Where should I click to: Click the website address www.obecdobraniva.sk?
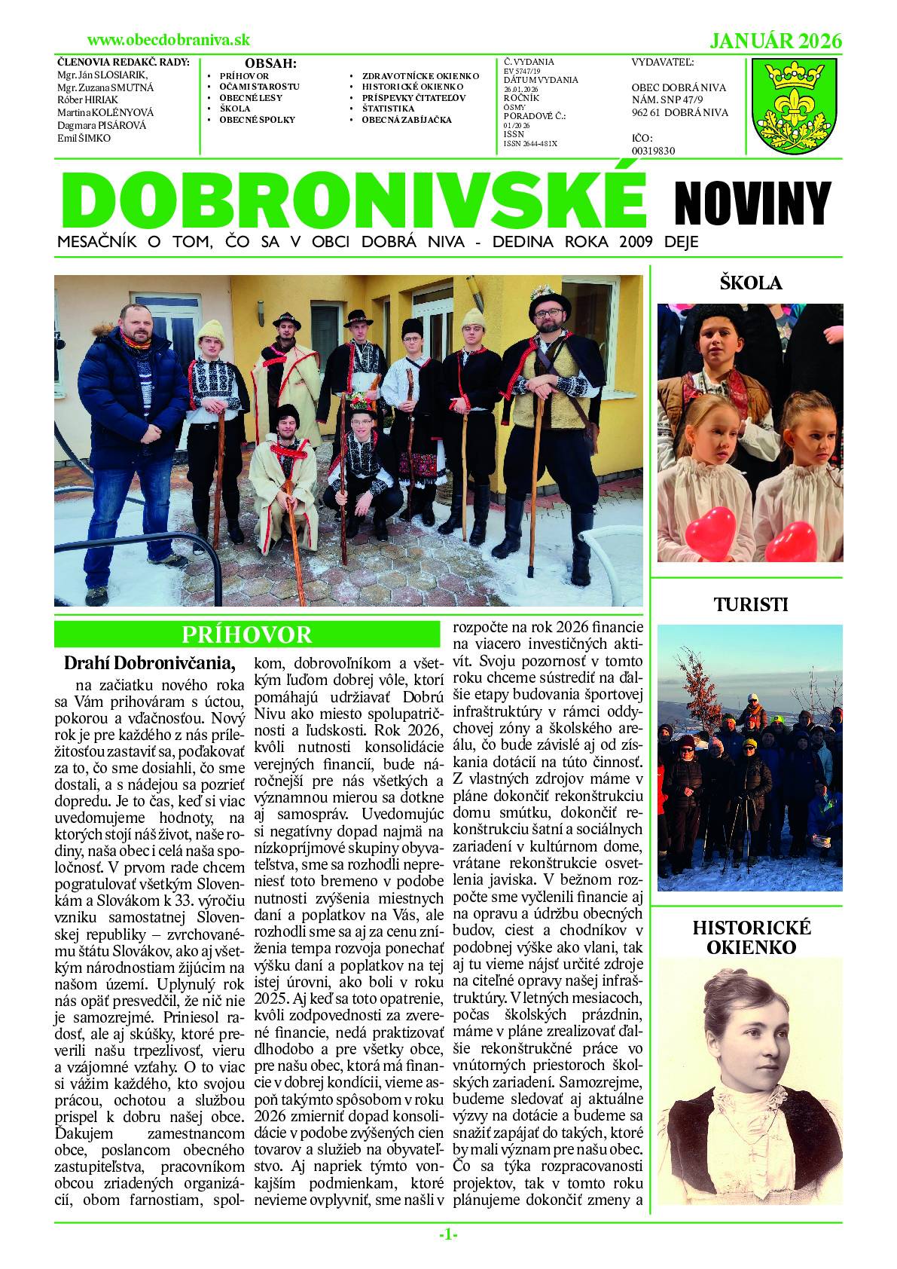(x=169, y=40)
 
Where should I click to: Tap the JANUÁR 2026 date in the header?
(x=776, y=41)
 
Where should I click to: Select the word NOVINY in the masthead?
(x=752, y=203)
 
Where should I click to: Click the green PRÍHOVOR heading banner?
(x=247, y=634)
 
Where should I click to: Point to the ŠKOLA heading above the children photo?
(x=750, y=283)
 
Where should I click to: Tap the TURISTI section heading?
(x=750, y=604)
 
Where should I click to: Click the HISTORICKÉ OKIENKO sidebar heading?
(x=751, y=937)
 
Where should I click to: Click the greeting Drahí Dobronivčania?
(x=150, y=663)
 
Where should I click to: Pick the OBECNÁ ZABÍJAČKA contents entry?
(x=407, y=120)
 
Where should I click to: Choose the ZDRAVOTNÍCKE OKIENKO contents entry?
(x=420, y=76)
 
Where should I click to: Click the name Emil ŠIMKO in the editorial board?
(x=84, y=139)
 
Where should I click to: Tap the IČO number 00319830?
(x=653, y=150)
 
